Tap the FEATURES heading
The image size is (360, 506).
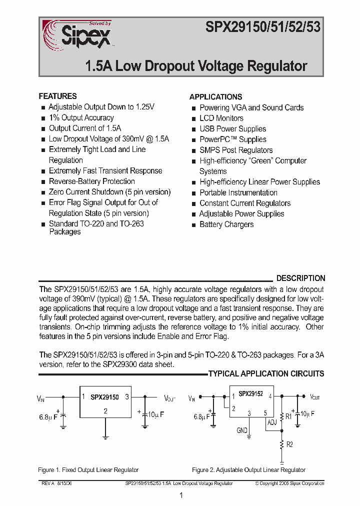[58, 96]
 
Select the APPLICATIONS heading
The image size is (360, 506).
[215, 97]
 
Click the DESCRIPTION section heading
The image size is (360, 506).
[300, 278]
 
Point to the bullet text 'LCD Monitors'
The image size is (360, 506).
[221, 118]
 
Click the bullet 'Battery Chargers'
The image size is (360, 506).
[226, 224]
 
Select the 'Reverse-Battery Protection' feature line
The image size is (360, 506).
[92, 181]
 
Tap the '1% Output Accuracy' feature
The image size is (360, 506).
[81, 117]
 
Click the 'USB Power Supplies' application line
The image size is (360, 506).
[232, 129]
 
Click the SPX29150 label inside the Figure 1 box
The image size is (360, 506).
[104, 397]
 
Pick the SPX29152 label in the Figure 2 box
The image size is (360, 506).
[250, 394]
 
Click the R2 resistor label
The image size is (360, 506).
[289, 444]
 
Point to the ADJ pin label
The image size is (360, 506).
[272, 422]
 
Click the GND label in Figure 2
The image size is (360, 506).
[242, 430]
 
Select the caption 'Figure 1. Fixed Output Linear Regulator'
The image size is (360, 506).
[88, 470]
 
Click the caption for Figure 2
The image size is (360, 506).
[248, 470]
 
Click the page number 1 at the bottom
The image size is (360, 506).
[181, 495]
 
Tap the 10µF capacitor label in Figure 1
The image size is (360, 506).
[156, 414]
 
